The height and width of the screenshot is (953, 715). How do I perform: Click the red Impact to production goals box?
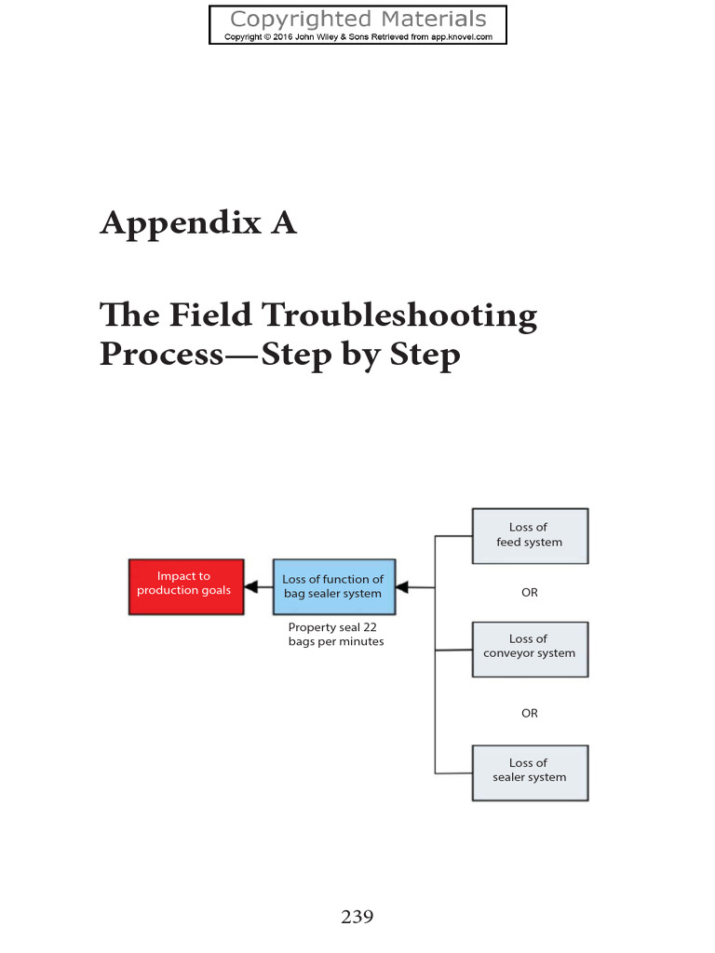coord(185,586)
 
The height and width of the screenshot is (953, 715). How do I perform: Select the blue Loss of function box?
coord(333,586)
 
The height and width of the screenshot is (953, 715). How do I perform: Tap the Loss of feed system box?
coord(530,536)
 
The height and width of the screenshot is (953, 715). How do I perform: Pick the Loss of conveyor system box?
coord(530,649)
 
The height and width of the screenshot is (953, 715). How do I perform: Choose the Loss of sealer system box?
coord(530,772)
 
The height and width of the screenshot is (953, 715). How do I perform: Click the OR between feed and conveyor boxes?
coord(530,593)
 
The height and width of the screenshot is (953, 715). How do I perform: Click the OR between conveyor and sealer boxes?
coord(530,714)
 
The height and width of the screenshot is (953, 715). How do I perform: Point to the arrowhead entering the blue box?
coord(402,587)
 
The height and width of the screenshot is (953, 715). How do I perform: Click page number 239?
coord(357,917)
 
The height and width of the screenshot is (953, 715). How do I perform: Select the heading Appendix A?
coord(198,223)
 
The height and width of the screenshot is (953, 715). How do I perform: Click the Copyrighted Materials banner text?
coord(357,20)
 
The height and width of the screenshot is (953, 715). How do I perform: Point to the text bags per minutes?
coord(336,642)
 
